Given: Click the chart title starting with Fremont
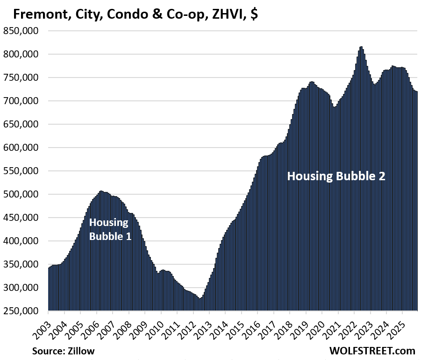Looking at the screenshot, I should click(x=136, y=14).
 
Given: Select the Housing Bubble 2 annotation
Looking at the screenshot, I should click(x=336, y=176).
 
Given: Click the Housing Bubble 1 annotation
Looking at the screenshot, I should click(x=110, y=229).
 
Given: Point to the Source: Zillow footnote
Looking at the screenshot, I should click(x=63, y=350).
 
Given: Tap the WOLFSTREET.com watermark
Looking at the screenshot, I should click(x=372, y=350).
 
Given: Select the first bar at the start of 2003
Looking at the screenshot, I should click(x=49, y=289).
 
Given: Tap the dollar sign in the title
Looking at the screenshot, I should click(x=254, y=14).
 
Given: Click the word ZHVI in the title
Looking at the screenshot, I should click(x=229, y=14).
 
